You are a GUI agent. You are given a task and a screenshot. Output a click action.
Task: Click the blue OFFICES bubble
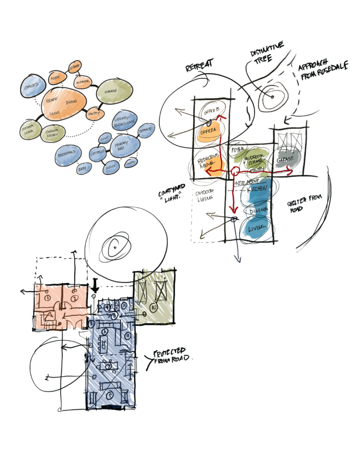[33, 87]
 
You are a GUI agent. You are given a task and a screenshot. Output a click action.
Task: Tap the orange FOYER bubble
[55, 79]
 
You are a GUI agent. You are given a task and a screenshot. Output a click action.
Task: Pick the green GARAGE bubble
[114, 92]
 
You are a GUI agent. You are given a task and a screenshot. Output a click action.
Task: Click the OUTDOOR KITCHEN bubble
[53, 134]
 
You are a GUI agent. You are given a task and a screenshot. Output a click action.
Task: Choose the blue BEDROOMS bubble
[69, 154]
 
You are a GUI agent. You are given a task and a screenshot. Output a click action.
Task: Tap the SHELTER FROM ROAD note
[304, 203]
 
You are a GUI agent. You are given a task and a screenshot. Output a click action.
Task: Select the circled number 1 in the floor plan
[46, 298]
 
